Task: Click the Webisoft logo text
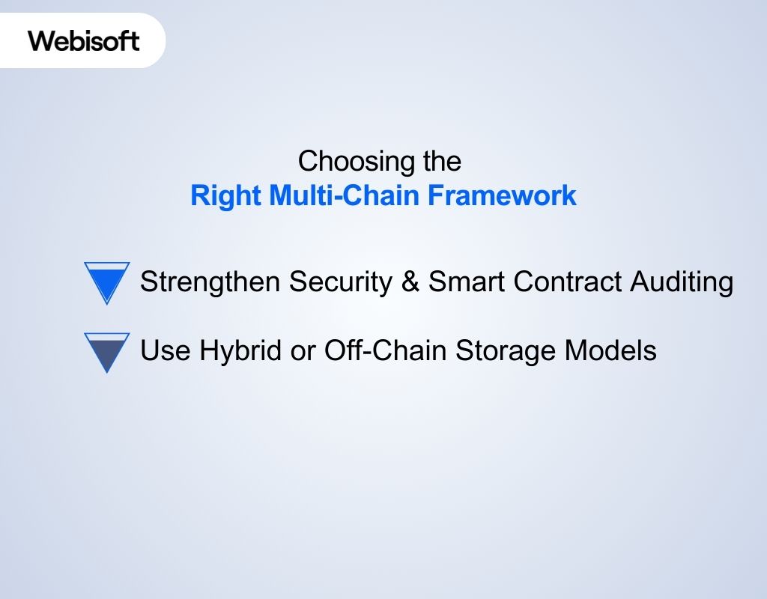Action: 84,40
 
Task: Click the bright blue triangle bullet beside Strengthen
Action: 107,280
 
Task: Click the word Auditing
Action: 682,282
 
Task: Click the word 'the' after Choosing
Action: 440,161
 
